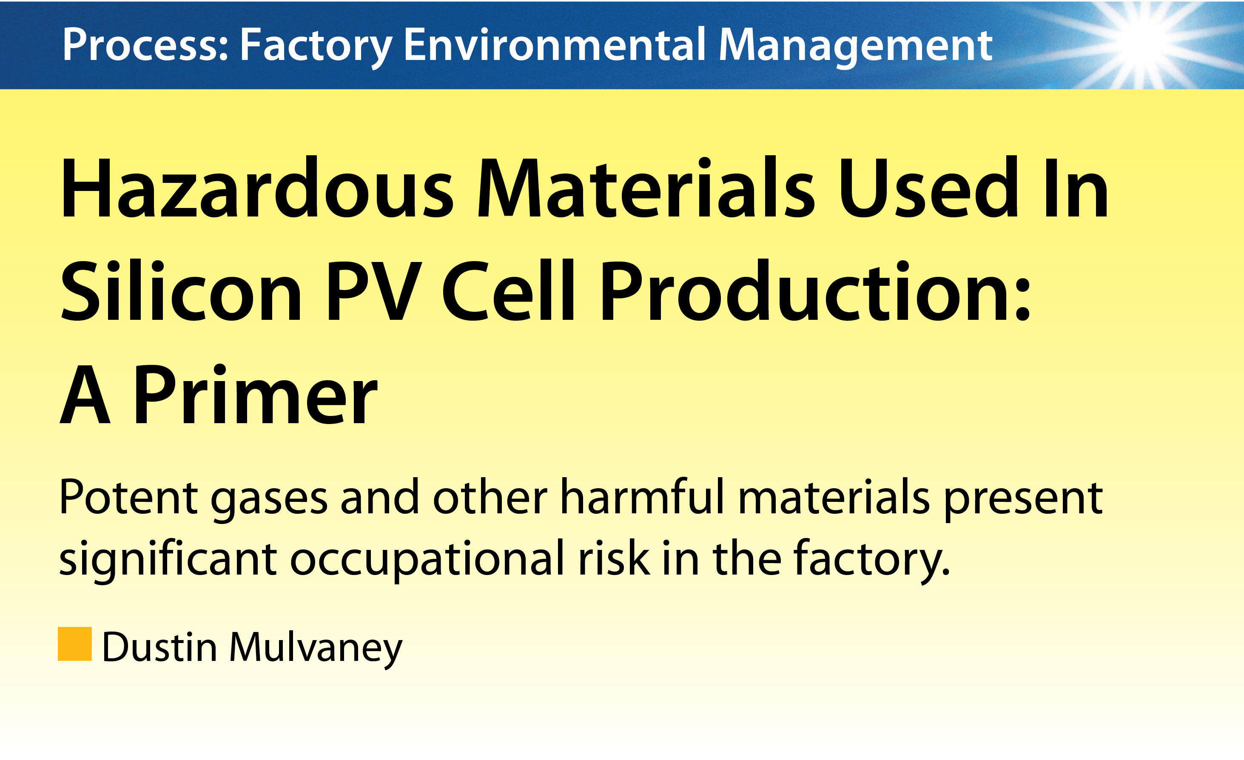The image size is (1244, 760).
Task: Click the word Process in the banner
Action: pyautogui.click(x=145, y=45)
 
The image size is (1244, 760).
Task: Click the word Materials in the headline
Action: pyautogui.click(x=646, y=188)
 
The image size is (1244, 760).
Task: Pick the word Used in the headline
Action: pyautogui.click(x=928, y=188)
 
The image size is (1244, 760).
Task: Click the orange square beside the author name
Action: pyautogui.click(x=75, y=644)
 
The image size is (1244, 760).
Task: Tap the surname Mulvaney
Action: pyautogui.click(x=316, y=649)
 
